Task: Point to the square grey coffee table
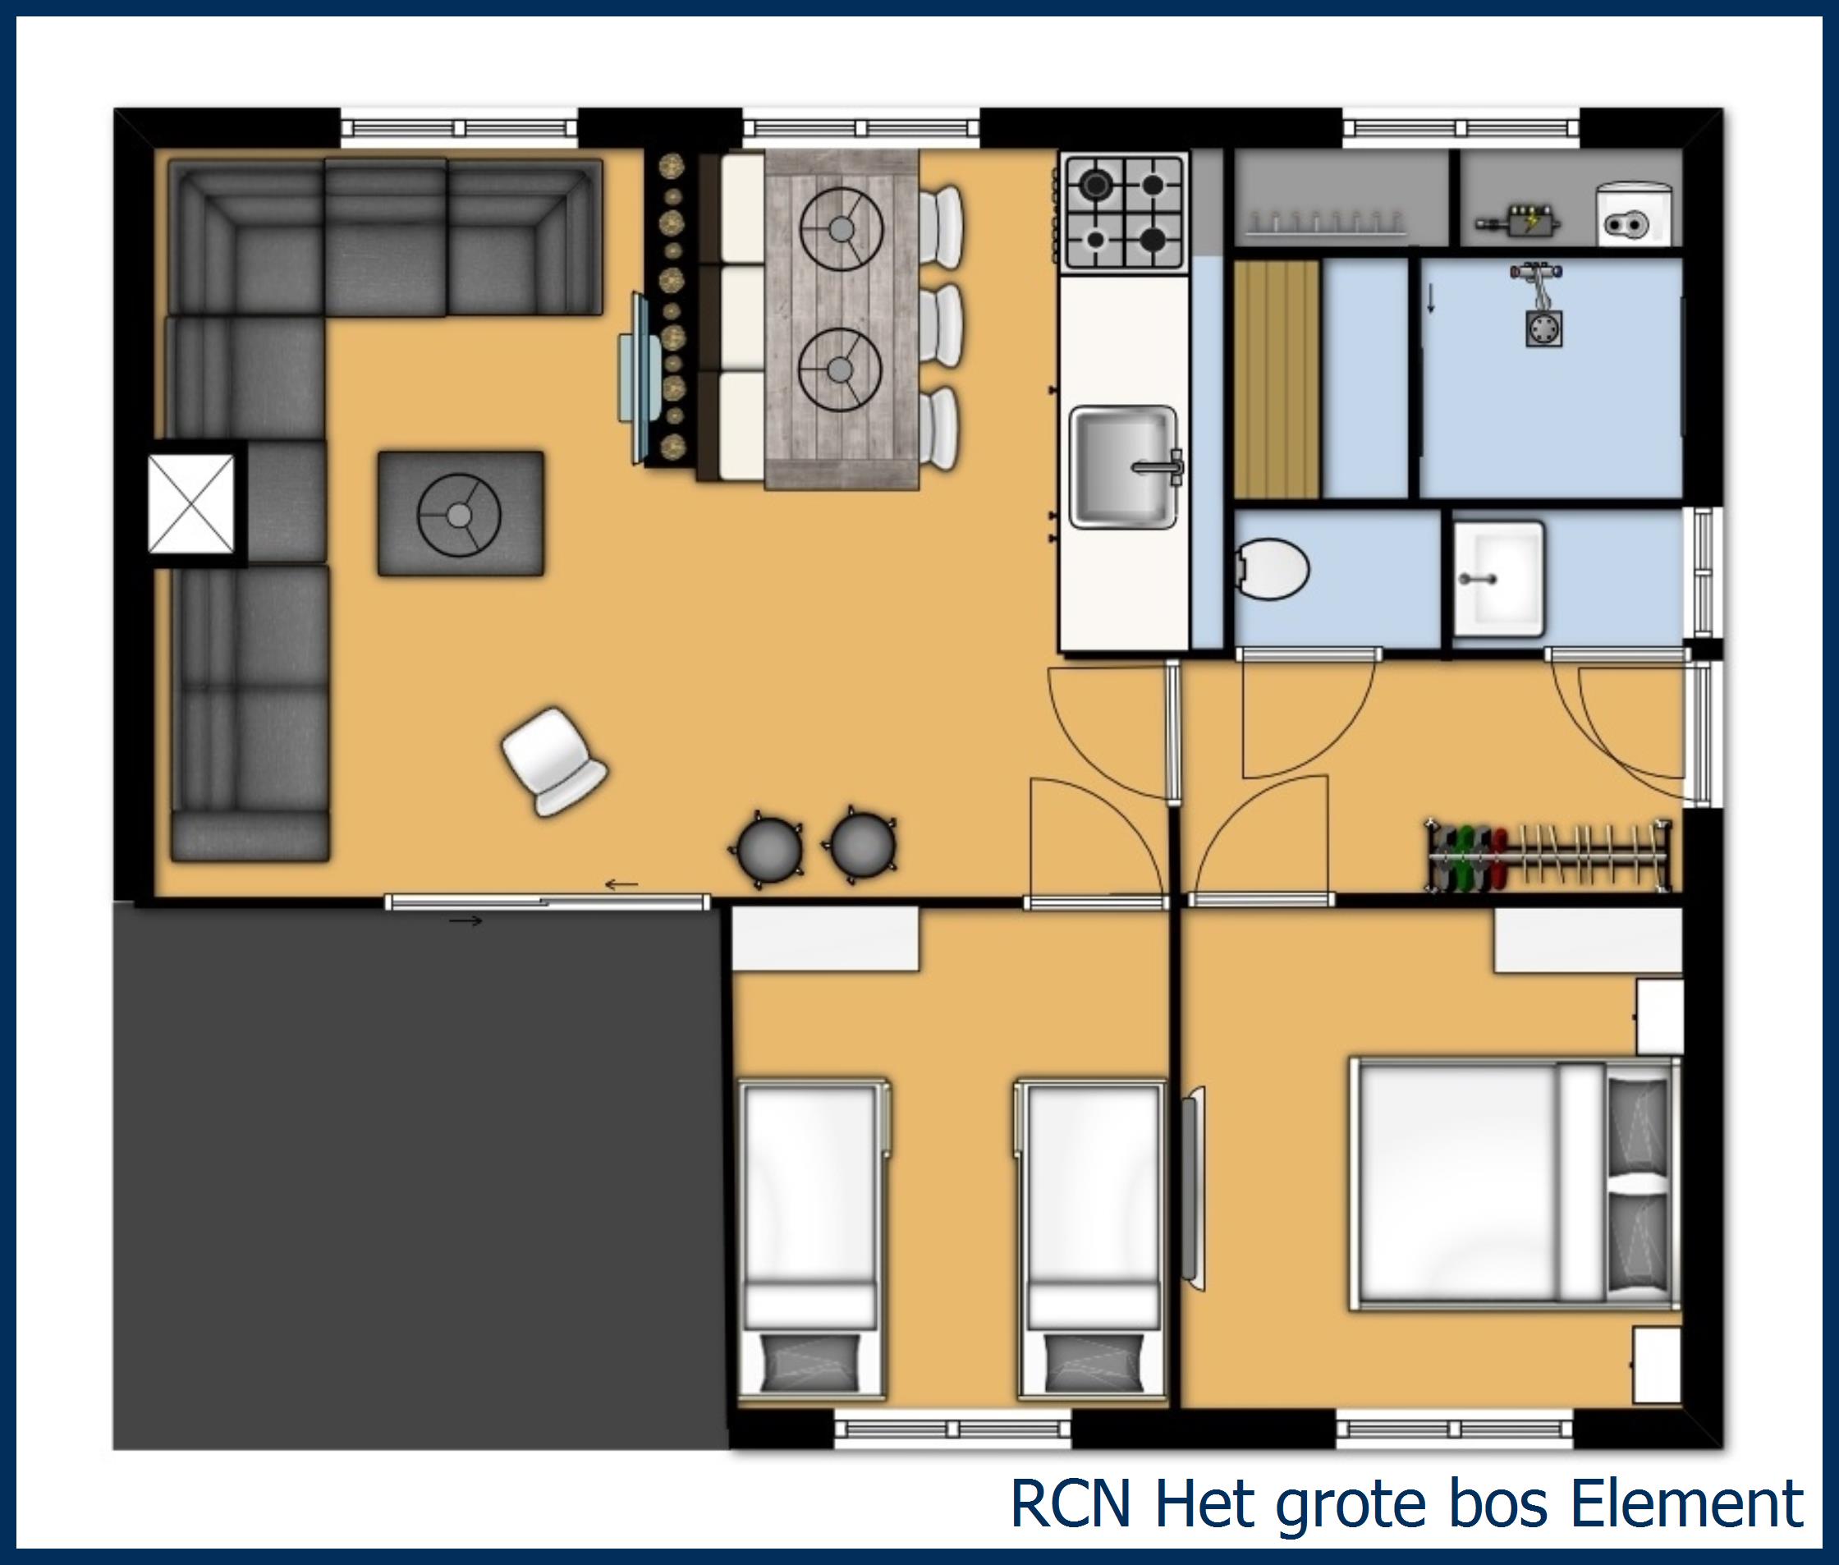pos(461,514)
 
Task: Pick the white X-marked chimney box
pos(191,503)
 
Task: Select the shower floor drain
pos(1543,328)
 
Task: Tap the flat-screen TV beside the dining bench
pos(640,378)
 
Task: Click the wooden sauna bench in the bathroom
pos(1277,379)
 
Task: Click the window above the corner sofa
pos(459,129)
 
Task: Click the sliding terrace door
pos(548,902)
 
